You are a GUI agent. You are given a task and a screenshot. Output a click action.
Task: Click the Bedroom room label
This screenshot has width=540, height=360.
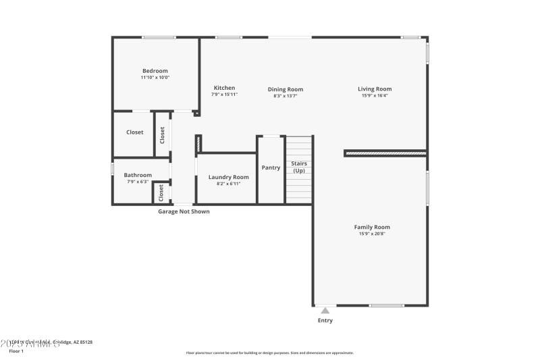[155, 71]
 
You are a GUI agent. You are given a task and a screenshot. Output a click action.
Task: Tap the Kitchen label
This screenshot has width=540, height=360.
[224, 88]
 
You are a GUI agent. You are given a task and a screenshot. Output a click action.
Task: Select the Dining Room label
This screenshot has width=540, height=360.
[285, 89]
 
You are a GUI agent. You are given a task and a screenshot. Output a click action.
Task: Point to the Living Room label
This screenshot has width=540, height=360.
[375, 88]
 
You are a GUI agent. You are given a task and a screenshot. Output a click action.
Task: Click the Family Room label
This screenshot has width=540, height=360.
[372, 227]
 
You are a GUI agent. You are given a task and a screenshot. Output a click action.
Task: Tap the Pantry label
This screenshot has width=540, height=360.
[271, 168]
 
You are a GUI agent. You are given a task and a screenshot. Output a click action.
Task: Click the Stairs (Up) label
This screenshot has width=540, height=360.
[298, 167]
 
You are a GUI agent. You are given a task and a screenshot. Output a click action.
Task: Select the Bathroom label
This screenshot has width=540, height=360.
[138, 175]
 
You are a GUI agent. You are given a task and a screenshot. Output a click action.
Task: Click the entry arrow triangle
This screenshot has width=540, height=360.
[325, 311]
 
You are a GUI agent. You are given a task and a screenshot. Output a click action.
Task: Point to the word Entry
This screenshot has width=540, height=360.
[325, 320]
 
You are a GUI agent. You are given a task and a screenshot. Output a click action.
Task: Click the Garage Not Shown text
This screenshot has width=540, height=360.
[184, 211]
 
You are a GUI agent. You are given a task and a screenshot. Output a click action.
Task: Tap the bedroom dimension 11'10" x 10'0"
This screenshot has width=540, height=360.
[155, 78]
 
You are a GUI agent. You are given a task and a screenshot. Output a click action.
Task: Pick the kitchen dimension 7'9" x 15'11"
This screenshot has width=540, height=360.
[224, 95]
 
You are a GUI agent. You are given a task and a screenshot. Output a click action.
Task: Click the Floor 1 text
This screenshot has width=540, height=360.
[16, 351]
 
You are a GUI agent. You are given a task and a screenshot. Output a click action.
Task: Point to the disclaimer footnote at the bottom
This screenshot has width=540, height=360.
[269, 353]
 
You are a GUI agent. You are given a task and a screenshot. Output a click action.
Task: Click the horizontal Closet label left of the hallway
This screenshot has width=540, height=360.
[135, 132]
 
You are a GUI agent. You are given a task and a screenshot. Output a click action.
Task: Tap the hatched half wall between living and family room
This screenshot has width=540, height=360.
[385, 153]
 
